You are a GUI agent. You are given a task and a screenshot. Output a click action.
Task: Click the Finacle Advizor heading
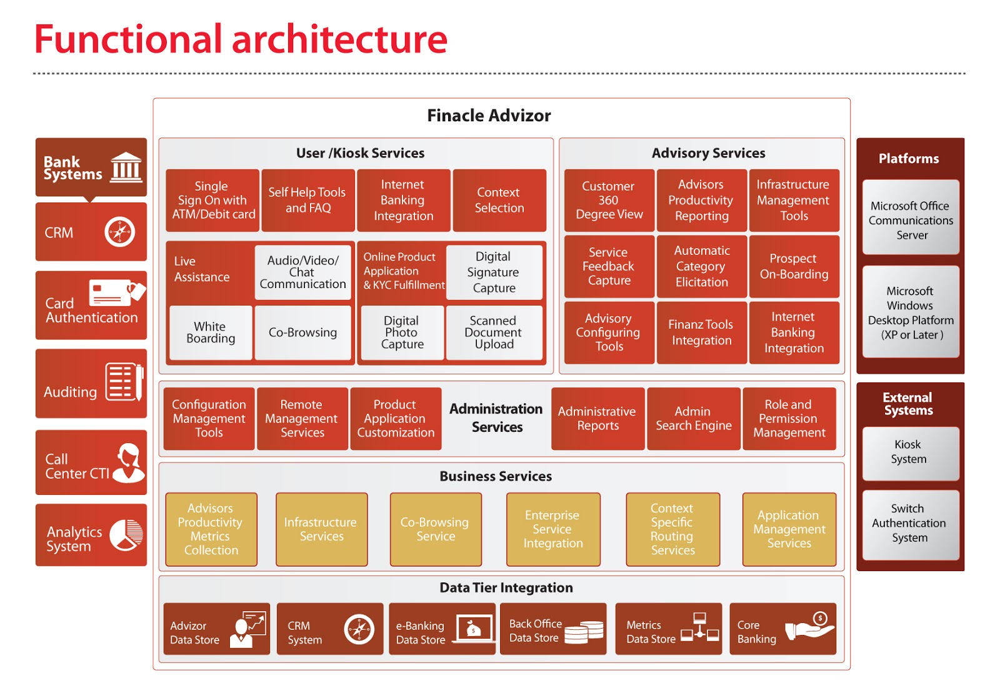[x=489, y=116]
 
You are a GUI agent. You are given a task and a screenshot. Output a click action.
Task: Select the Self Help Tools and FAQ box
[x=307, y=200]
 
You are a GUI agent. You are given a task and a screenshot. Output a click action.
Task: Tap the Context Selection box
[x=499, y=200]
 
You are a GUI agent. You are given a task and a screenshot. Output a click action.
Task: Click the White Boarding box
[x=211, y=332]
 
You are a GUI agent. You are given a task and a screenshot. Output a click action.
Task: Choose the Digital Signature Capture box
[x=494, y=272]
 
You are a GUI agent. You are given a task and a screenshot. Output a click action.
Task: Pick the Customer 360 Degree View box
[x=609, y=200]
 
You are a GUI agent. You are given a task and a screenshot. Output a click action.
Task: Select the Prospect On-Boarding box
[x=794, y=266]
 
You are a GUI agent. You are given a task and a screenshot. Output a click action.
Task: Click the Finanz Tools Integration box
[x=701, y=332]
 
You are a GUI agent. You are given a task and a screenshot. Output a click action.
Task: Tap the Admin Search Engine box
[x=693, y=419]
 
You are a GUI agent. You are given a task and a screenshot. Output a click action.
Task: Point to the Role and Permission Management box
[x=789, y=419]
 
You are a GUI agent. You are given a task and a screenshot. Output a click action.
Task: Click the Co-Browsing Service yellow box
[x=435, y=529]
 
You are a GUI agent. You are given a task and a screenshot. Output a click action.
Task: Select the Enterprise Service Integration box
[x=552, y=529]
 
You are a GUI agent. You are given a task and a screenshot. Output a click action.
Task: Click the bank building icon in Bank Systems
[x=126, y=167]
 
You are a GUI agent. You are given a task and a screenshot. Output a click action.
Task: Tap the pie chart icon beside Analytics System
[x=126, y=535]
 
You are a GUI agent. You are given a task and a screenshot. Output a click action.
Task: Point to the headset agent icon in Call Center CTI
[x=129, y=462]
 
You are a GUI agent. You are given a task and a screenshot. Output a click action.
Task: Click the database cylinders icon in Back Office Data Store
[x=584, y=631]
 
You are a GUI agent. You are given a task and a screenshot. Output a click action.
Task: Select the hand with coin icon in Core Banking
[x=811, y=627]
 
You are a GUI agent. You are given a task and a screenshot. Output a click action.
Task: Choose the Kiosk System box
[x=910, y=452]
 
